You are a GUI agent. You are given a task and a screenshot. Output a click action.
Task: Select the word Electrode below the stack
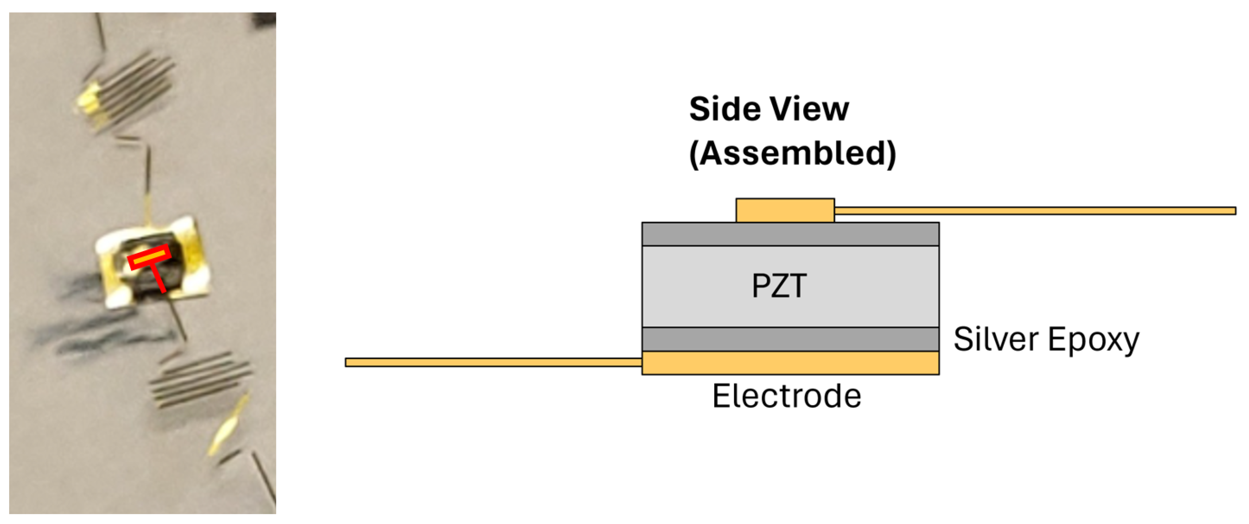787,396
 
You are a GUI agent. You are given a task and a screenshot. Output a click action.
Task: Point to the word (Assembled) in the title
792,154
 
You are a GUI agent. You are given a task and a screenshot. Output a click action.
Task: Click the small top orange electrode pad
785,211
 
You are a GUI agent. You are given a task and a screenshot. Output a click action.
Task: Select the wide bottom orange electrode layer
790,363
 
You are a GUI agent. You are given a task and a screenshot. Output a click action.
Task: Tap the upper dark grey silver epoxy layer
790,234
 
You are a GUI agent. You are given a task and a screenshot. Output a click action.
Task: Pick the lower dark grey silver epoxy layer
790,339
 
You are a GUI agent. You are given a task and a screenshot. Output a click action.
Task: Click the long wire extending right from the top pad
1033,211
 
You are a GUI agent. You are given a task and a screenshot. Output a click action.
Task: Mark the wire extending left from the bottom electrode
492,362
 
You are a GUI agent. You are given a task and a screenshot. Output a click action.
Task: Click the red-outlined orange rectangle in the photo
149,257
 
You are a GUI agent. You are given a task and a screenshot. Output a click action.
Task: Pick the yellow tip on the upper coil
87,99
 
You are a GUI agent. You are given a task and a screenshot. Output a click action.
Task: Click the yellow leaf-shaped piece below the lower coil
228,427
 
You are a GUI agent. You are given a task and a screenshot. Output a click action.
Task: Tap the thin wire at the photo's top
100,32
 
